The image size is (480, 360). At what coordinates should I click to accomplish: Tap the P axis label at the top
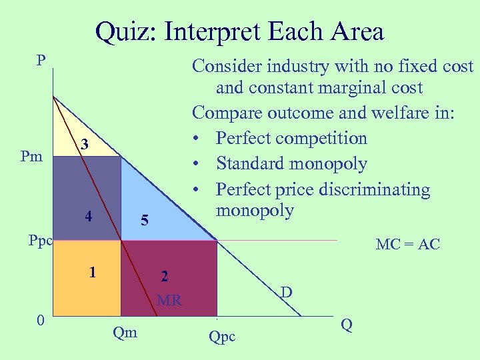pos(41,61)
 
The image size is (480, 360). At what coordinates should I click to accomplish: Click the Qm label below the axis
pos(125,331)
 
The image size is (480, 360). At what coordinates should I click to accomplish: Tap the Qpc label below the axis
pos(222,337)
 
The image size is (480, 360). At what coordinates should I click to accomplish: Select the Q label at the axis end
pos(346,325)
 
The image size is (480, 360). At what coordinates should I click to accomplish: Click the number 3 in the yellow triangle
pos(83,144)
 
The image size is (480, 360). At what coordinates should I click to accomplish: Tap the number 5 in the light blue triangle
pos(144,220)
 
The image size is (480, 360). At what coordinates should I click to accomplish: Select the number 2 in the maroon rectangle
pos(164,275)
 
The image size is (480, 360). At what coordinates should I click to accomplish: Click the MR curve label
pos(169,301)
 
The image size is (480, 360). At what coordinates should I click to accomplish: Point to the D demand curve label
pos(285,291)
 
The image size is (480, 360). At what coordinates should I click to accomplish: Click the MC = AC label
pos(407,245)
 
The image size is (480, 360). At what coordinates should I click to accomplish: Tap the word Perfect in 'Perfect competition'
pos(241,139)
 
